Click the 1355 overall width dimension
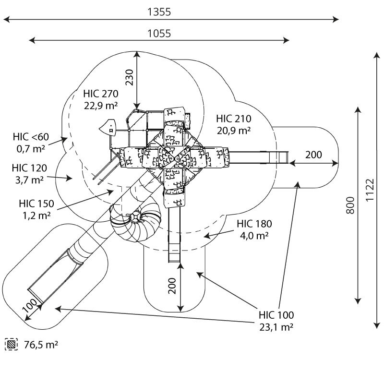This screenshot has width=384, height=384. click(159, 12)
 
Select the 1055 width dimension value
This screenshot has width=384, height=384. click(159, 33)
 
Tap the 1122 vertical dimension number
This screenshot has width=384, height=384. click(370, 190)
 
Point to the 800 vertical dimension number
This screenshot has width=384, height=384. click(350, 205)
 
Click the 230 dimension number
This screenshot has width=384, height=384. click(129, 77)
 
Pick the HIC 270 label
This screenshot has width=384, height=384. click(101, 94)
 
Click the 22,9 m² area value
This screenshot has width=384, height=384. click(101, 106)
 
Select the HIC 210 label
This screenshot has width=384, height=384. click(234, 119)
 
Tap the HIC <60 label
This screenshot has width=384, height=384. click(31, 137)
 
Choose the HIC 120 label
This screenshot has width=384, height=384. click(29, 168)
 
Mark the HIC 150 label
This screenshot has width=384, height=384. click(36, 204)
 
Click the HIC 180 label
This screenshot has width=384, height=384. click(254, 224)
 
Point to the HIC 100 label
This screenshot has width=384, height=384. click(276, 315)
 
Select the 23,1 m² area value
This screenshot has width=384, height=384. click(276, 327)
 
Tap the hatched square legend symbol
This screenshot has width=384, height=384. click(11, 344)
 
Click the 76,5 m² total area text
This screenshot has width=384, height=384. click(41, 345)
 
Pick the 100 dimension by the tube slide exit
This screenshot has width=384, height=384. click(30, 305)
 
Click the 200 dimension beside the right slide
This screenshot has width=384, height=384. click(313, 155)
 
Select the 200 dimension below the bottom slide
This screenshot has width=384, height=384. click(172, 286)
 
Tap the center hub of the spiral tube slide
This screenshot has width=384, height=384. click(135, 216)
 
